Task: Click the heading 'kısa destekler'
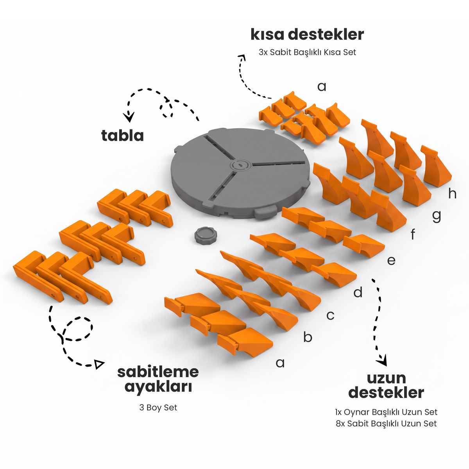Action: pos(307,35)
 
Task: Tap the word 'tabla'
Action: pos(122,135)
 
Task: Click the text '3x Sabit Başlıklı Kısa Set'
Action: pos(307,52)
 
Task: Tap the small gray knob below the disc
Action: pos(206,236)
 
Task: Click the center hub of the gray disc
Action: pos(240,165)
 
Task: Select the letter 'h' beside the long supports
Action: pos(452,193)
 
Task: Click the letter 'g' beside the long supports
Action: pos(437,217)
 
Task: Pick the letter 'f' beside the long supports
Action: pos(413,234)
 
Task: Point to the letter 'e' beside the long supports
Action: pos(391,261)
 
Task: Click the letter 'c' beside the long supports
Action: pos(330,315)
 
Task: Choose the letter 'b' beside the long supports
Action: pos(308,337)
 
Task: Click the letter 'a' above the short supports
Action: pos(322,87)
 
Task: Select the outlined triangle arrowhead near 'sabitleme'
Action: pos(99,364)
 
